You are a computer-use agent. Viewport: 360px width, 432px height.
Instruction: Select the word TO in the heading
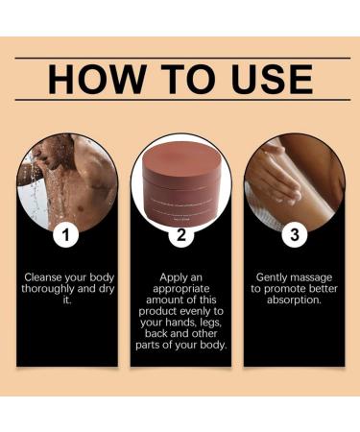click(x=180, y=79)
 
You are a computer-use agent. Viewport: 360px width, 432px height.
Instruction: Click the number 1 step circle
click(x=66, y=233)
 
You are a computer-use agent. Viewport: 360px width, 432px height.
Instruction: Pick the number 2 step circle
click(x=180, y=233)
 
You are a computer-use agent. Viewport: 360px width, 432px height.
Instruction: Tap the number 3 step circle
click(x=293, y=233)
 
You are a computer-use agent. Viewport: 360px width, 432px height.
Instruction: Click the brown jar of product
click(x=180, y=181)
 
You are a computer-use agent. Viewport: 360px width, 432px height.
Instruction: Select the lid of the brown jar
click(x=180, y=153)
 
